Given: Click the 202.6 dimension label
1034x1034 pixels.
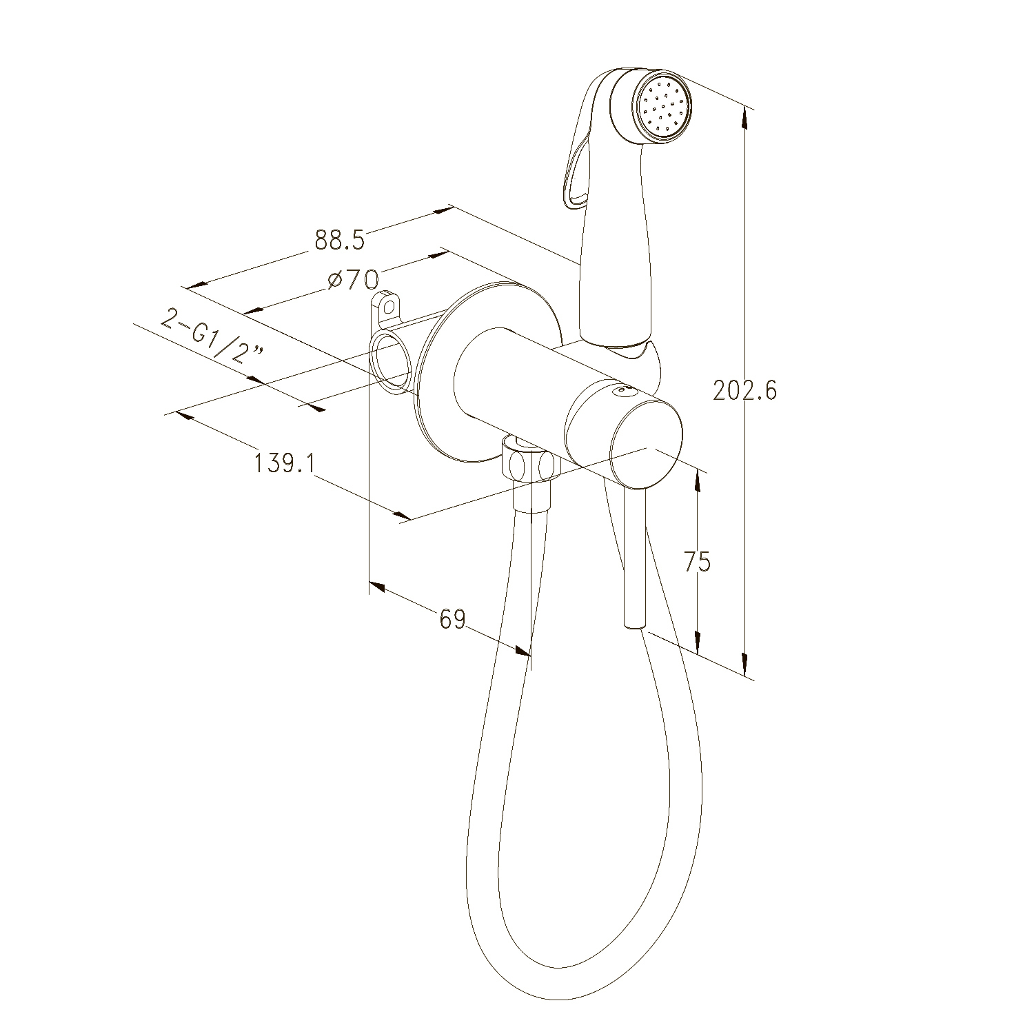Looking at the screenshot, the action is pyautogui.click(x=744, y=391).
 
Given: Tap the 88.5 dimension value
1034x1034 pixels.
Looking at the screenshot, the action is pyautogui.click(x=338, y=240).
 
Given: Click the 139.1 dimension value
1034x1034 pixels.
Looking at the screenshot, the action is pyautogui.click(x=285, y=463).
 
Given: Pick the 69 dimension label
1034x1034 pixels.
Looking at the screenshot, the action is pyautogui.click(x=452, y=618).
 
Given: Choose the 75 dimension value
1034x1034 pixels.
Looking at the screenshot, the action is pyautogui.click(x=697, y=562).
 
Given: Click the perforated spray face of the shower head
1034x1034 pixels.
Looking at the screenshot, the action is pyautogui.click(x=663, y=108).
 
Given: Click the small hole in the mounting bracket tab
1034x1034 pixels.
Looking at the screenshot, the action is pyautogui.click(x=389, y=305).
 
